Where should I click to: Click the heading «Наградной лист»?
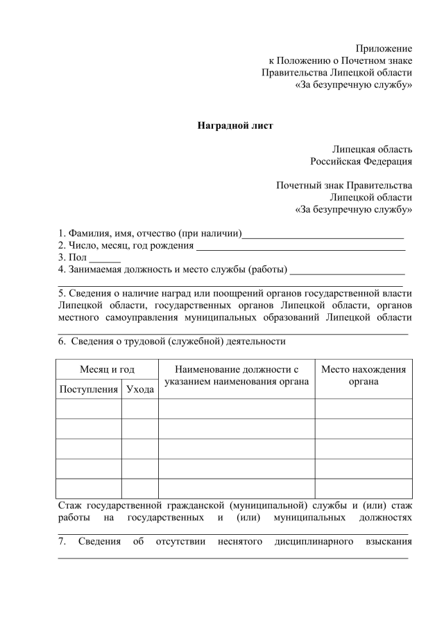pos(235,126)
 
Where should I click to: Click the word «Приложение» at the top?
pos(384,48)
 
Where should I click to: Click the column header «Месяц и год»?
pos(107,370)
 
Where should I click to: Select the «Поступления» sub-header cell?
pos(89,389)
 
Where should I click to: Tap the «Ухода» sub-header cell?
pos(140,389)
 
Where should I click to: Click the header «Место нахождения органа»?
pos(364,376)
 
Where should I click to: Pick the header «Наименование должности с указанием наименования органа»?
pos(236,376)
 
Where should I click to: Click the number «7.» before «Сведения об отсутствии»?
pos(62,540)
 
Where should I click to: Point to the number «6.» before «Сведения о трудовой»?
pos(62,341)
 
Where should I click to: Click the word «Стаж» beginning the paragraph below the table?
pos(71,504)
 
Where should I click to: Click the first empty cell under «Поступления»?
pos(89,409)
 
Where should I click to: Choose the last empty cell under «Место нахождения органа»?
pos(364,488)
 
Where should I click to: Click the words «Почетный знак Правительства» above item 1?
pos(344,185)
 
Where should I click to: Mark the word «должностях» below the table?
pos(385,517)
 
